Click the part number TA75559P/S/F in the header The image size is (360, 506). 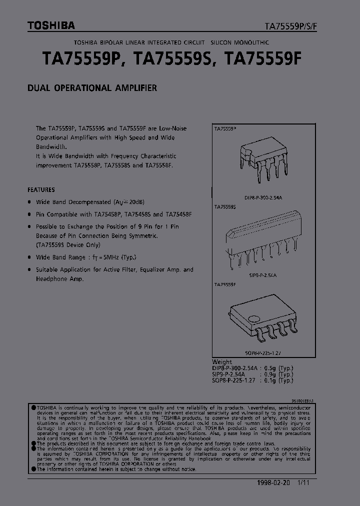coord(290,26)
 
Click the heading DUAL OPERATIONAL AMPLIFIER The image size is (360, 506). coord(92,88)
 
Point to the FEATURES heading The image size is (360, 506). coord(41,190)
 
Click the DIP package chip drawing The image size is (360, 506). coord(262,158)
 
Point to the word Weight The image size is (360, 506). coord(222,361)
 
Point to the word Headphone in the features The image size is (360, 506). coord(52,279)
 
